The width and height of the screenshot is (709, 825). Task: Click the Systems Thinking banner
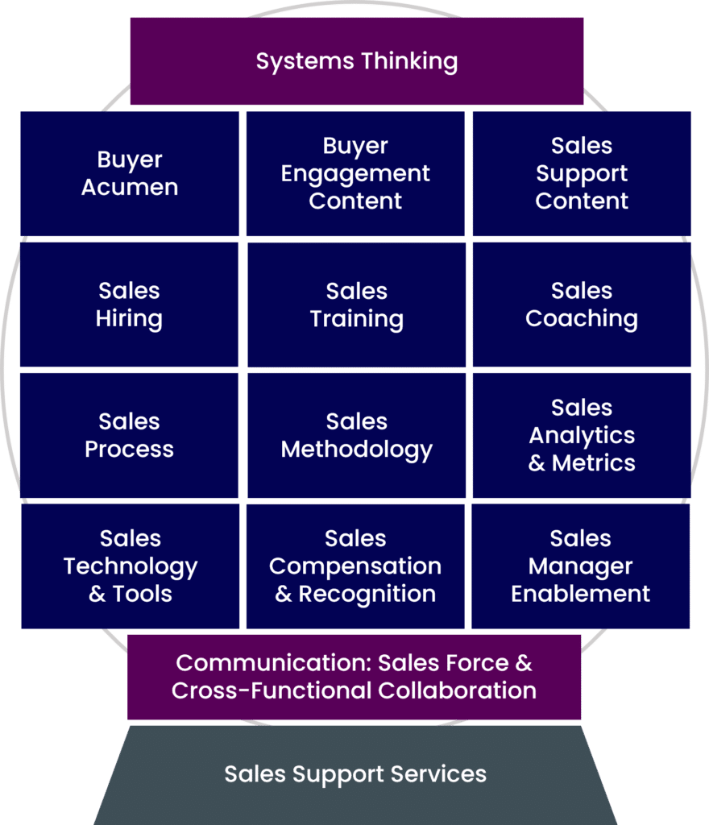point(356,61)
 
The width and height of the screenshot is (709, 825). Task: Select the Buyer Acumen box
point(129,173)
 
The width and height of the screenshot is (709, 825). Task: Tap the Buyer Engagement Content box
point(355,173)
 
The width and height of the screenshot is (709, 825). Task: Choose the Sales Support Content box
point(581,173)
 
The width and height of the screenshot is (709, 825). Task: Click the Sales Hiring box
point(129,305)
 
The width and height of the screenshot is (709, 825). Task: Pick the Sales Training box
point(356,305)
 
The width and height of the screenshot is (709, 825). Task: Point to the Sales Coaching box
point(581,305)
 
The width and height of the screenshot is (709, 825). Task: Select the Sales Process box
point(129,435)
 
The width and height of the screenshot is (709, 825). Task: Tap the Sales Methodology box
point(356,435)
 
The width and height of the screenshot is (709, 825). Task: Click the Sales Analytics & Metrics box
point(581,435)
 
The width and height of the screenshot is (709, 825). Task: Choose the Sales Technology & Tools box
point(130,566)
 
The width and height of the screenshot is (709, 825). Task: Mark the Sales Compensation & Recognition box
point(355,566)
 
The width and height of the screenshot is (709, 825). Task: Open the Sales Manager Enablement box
point(580,566)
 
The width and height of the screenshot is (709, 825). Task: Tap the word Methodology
point(356,450)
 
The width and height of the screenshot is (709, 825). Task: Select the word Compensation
point(355,566)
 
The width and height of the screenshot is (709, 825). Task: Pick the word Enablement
point(580,595)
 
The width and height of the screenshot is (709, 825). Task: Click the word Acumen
point(129,188)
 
